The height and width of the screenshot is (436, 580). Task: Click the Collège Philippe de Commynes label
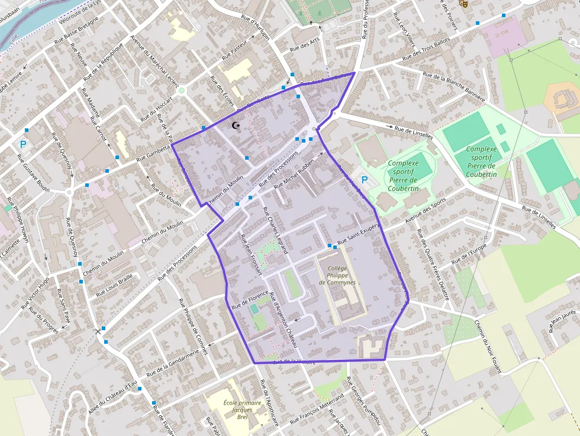point(337,275)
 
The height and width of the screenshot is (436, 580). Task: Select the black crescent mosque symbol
point(237,126)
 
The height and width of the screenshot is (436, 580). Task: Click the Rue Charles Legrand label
point(275,230)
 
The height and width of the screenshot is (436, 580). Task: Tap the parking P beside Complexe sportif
point(365,179)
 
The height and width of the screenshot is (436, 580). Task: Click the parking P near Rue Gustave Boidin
point(23,144)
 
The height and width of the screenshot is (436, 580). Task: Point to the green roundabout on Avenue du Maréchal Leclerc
point(182,91)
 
